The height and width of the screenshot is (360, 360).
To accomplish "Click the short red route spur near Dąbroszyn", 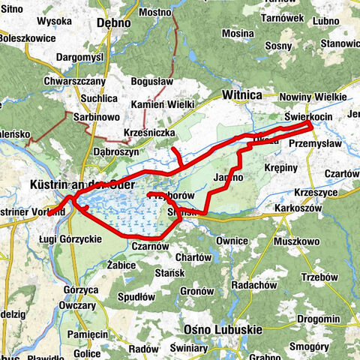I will point(175,156).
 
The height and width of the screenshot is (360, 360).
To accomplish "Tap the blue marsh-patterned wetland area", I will point(127,214).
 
